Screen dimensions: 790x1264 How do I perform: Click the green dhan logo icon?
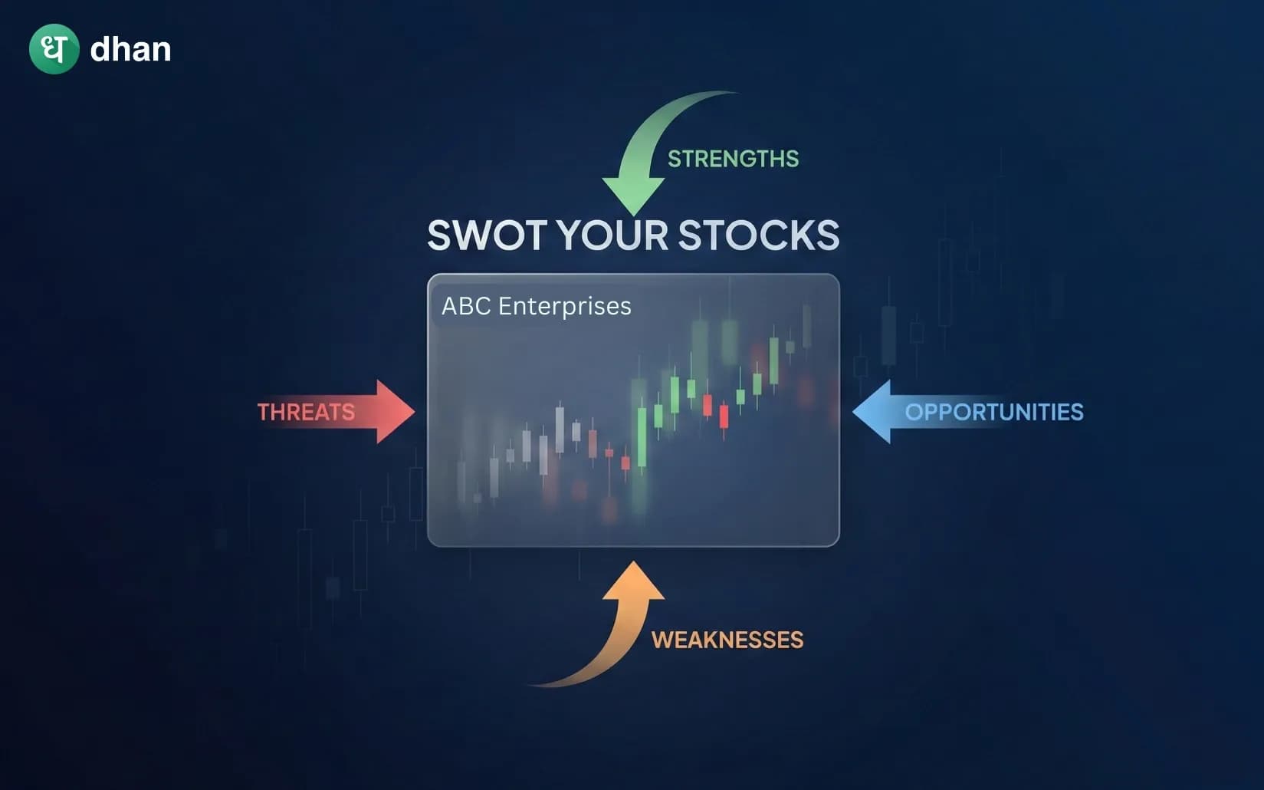[54, 49]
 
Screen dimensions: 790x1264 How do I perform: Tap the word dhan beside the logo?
[130, 50]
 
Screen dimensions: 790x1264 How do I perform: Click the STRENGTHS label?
[733, 159]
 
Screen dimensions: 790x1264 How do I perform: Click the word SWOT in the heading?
[485, 235]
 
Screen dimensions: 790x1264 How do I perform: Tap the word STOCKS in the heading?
[758, 235]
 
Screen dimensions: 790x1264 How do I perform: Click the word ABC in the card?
[466, 306]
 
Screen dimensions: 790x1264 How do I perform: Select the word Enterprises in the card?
[565, 307]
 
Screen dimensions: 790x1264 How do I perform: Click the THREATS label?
[306, 412]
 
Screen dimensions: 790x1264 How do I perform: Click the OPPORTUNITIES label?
[994, 412]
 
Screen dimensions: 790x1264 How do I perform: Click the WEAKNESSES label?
[727, 640]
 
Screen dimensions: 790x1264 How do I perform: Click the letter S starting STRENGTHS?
[674, 159]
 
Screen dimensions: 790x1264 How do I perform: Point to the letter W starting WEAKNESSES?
[662, 640]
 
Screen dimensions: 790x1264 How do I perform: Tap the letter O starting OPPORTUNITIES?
[914, 412]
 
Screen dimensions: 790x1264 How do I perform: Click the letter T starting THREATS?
[264, 412]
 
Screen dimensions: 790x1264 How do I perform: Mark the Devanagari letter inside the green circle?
[54, 49]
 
